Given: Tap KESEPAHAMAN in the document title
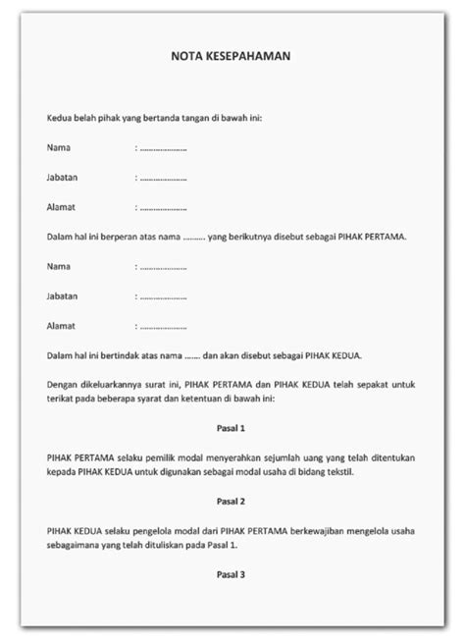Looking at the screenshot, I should click(x=250, y=57).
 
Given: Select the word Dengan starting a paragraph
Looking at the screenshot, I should click(x=62, y=383).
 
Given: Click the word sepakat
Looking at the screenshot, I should click(x=369, y=383).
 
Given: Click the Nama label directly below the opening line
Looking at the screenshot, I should click(x=58, y=147).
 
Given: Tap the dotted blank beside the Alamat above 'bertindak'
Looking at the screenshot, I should click(x=163, y=324).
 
